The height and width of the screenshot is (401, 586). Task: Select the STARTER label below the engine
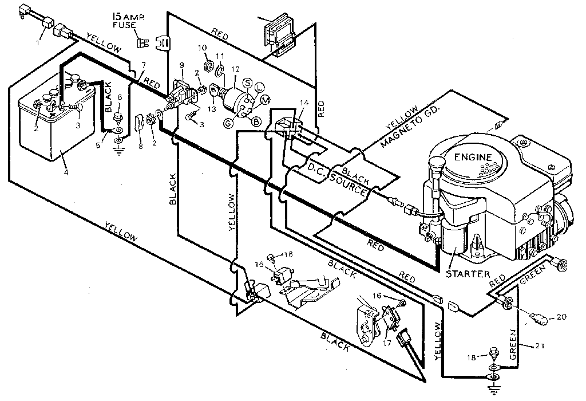[x=468, y=273]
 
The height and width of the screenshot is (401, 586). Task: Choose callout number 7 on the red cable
[x=143, y=64]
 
